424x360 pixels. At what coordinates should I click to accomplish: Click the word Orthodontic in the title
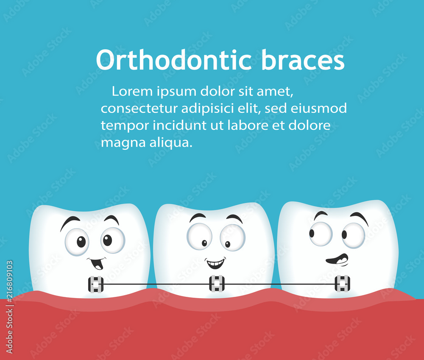(175, 60)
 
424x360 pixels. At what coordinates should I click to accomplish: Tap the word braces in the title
(303, 60)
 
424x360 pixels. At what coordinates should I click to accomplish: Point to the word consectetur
(139, 109)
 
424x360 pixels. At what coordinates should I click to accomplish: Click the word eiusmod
(319, 109)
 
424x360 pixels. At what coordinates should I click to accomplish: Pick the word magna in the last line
(117, 143)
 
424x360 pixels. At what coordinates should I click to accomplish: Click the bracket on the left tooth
(96, 284)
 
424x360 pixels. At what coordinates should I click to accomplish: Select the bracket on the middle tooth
(217, 283)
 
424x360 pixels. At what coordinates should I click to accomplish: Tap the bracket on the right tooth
(342, 283)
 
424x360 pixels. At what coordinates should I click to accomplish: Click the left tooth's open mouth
(97, 264)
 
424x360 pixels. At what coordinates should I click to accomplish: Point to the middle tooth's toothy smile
(215, 263)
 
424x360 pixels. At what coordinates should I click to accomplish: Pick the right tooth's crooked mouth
(338, 260)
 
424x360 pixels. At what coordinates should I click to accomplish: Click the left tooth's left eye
(77, 242)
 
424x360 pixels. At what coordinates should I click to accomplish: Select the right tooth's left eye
(321, 234)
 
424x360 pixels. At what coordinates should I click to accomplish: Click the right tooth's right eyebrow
(359, 218)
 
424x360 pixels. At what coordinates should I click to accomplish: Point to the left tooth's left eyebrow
(70, 222)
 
